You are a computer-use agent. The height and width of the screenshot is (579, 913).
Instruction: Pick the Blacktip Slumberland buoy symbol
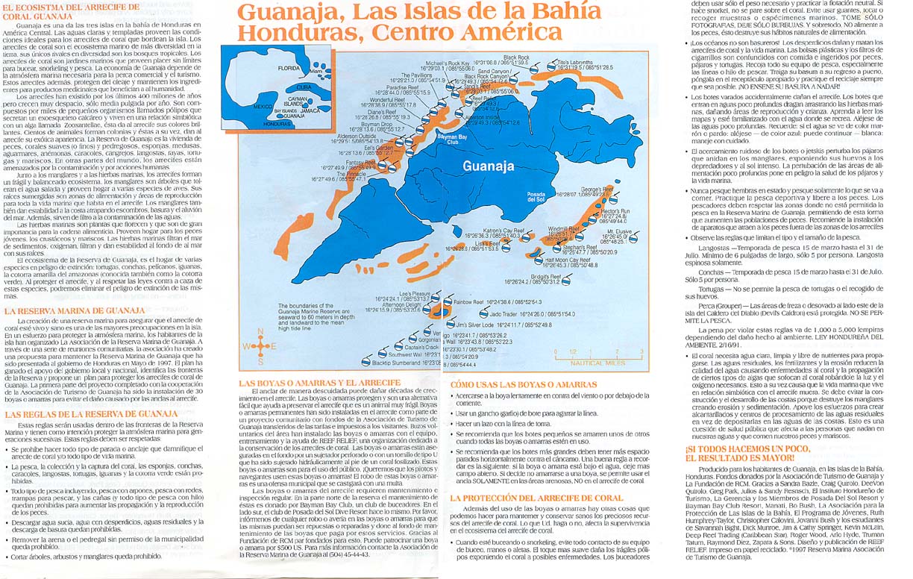point(365,362)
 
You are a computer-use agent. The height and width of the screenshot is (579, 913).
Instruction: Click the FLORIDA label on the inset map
point(289,67)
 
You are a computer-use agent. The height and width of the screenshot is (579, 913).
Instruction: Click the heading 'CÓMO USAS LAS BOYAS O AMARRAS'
point(515,384)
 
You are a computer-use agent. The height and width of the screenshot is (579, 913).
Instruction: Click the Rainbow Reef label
point(468,301)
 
